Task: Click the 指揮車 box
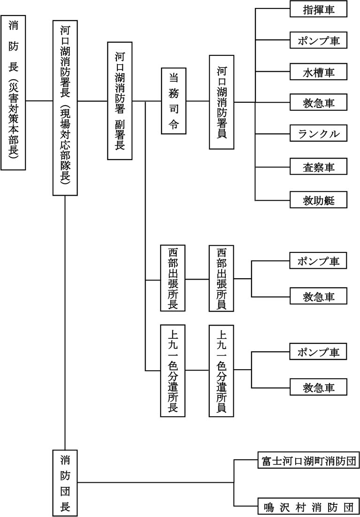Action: click(x=319, y=9)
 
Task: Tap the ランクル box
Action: click(x=319, y=134)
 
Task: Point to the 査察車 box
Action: click(x=319, y=167)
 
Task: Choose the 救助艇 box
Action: click(x=319, y=200)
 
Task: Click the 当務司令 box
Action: click(x=173, y=101)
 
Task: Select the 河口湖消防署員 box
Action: click(x=222, y=102)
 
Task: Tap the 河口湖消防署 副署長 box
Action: click(x=120, y=101)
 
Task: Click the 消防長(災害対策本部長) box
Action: click(x=13, y=92)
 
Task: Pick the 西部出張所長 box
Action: click(x=172, y=278)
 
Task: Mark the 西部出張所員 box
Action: click(x=222, y=278)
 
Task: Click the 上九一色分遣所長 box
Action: click(x=172, y=371)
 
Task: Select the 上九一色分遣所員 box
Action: click(x=222, y=371)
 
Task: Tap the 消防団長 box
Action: click(x=65, y=482)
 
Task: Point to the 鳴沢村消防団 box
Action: click(x=308, y=506)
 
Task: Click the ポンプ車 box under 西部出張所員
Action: click(x=319, y=261)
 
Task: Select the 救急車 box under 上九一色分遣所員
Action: click(x=319, y=388)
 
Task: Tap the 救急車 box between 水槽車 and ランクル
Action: click(x=319, y=102)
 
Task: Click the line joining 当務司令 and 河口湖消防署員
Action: click(x=198, y=101)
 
